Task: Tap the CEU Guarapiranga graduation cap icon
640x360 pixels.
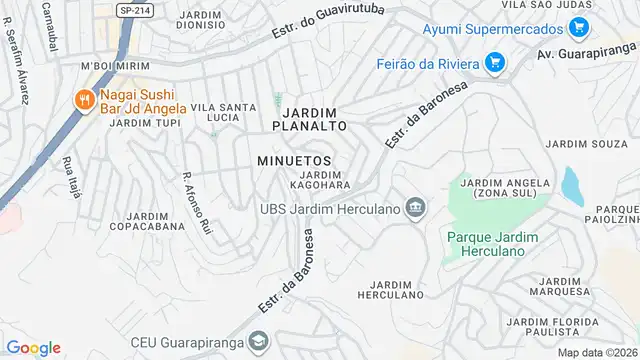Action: pos(259,342)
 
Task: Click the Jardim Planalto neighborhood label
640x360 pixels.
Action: pos(314,119)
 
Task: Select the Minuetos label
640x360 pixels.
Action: pos(293,160)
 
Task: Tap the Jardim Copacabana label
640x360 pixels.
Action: pos(155,221)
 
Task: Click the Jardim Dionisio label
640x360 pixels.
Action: pos(207,21)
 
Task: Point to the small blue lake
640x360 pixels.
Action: pos(572,186)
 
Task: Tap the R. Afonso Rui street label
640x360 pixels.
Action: pos(197,203)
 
